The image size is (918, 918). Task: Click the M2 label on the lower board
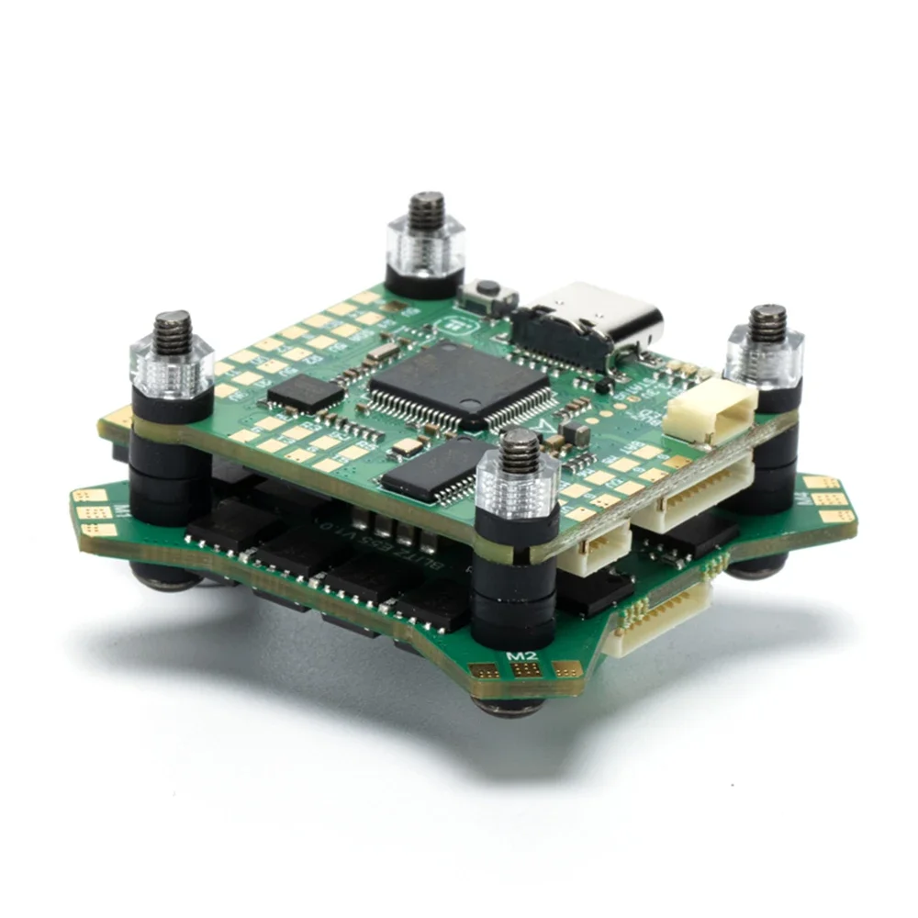tap(521, 655)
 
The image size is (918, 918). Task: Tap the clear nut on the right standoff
tap(765, 353)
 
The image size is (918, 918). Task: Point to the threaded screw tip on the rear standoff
tap(425, 209)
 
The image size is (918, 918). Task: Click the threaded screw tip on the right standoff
tap(767, 322)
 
